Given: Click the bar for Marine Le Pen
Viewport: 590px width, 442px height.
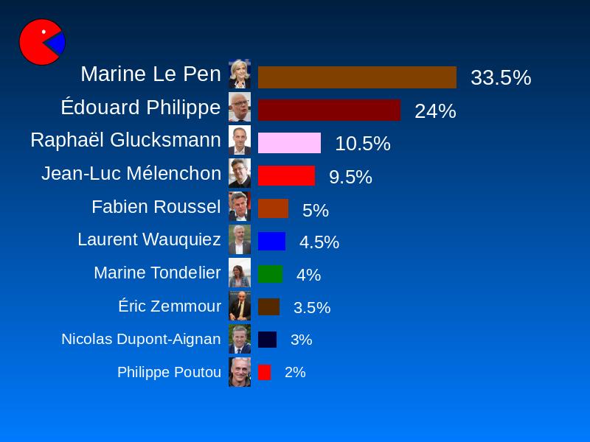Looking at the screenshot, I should click(357, 77).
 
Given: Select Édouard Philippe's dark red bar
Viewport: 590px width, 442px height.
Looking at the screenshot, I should click(329, 110).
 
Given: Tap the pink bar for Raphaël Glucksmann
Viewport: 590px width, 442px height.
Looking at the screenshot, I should click(289, 143).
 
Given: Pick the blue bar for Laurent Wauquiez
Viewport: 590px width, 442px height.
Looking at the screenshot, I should click(271, 242).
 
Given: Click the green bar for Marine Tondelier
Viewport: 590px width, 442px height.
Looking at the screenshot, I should click(270, 274).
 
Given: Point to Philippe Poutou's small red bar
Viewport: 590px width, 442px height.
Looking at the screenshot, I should click(264, 372).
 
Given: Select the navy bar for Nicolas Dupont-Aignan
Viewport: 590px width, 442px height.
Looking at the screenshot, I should click(267, 340).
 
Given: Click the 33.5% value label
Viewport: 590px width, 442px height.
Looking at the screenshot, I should click(501, 77).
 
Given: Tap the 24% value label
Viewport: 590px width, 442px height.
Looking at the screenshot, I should click(435, 111).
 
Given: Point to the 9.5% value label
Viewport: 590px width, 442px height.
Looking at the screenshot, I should click(350, 177).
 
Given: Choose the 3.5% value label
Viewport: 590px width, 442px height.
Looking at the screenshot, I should click(312, 308).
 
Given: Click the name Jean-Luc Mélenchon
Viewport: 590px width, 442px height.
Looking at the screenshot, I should click(131, 174).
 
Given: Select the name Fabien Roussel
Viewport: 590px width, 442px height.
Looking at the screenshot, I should click(156, 207).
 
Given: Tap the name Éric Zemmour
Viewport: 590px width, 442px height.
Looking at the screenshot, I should click(170, 306).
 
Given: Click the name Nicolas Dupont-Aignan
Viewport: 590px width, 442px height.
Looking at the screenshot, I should click(141, 339).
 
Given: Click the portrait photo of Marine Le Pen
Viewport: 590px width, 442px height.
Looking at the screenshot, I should click(240, 74).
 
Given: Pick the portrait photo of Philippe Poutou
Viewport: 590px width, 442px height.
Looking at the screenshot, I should click(240, 372).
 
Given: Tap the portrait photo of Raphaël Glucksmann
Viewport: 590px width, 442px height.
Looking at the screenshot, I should click(240, 140).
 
